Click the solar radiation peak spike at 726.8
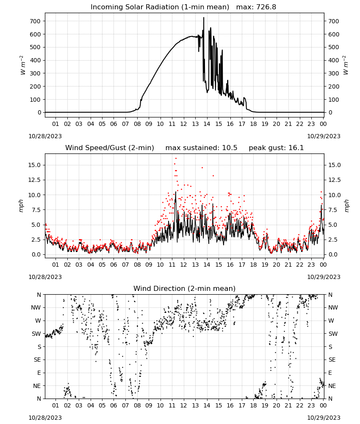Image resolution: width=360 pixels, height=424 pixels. click(x=204, y=18)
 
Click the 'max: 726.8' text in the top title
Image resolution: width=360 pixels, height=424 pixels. click(x=256, y=7)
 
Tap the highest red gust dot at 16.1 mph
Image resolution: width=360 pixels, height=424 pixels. click(x=176, y=159)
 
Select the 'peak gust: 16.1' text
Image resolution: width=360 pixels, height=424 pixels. click(x=276, y=148)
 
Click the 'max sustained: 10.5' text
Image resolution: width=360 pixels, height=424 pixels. click(x=201, y=148)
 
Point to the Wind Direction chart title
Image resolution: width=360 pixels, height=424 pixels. click(x=185, y=288)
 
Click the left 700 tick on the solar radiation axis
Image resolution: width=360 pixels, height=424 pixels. click(x=36, y=21)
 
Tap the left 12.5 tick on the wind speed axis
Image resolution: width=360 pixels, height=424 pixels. click(x=35, y=180)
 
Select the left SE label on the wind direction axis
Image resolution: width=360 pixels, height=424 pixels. click(x=37, y=360)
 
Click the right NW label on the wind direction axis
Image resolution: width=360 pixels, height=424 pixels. click(x=333, y=307)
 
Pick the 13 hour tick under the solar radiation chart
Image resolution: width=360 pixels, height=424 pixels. click(x=195, y=124)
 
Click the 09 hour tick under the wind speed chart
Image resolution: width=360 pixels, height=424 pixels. click(x=149, y=265)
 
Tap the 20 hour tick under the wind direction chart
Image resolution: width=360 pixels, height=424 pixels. click(x=277, y=405)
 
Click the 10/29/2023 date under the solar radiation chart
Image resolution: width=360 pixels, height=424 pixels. click(x=324, y=136)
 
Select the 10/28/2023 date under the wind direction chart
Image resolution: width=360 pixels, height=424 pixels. click(x=45, y=418)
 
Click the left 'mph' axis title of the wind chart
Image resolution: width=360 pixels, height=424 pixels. click(x=21, y=206)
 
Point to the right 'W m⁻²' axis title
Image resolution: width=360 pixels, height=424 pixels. click(x=346, y=65)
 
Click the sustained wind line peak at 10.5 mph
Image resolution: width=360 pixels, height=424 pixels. click(x=175, y=192)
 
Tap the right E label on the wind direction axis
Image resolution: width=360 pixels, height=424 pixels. click(x=330, y=373)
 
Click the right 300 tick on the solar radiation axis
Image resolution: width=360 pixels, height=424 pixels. click(x=334, y=73)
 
